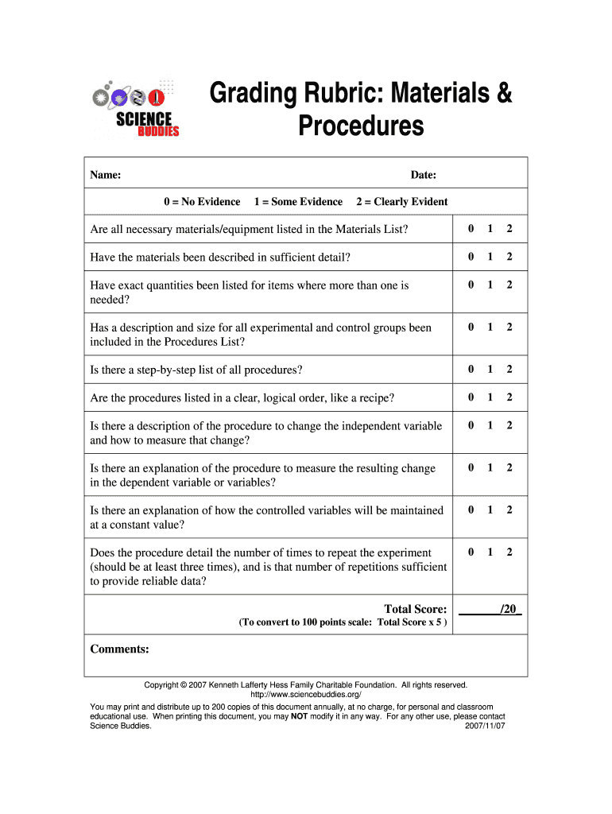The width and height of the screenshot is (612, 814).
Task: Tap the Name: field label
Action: coord(105,175)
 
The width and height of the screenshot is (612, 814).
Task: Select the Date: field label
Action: coord(423,175)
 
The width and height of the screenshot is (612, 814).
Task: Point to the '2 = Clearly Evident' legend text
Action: coord(401,202)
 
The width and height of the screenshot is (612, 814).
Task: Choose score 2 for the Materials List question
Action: coord(509,229)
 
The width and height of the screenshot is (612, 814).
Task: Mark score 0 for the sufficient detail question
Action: coord(471,257)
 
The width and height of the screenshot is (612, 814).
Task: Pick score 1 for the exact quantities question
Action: coord(490,285)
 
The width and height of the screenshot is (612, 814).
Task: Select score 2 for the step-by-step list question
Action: coord(509,369)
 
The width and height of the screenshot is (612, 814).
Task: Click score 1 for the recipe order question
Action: coord(490,397)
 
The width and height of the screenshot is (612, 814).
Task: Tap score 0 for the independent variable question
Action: coord(471,425)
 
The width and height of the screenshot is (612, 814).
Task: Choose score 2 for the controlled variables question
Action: coord(509,510)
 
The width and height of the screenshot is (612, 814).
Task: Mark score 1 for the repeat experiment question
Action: coord(490,552)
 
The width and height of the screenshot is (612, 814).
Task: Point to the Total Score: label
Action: coord(415,609)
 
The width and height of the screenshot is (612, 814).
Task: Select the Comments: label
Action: coord(120,649)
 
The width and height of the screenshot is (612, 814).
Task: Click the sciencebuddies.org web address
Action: coord(306,695)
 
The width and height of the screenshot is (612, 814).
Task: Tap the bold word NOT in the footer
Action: coord(299,715)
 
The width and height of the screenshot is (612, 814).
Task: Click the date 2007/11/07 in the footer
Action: coord(485,726)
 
